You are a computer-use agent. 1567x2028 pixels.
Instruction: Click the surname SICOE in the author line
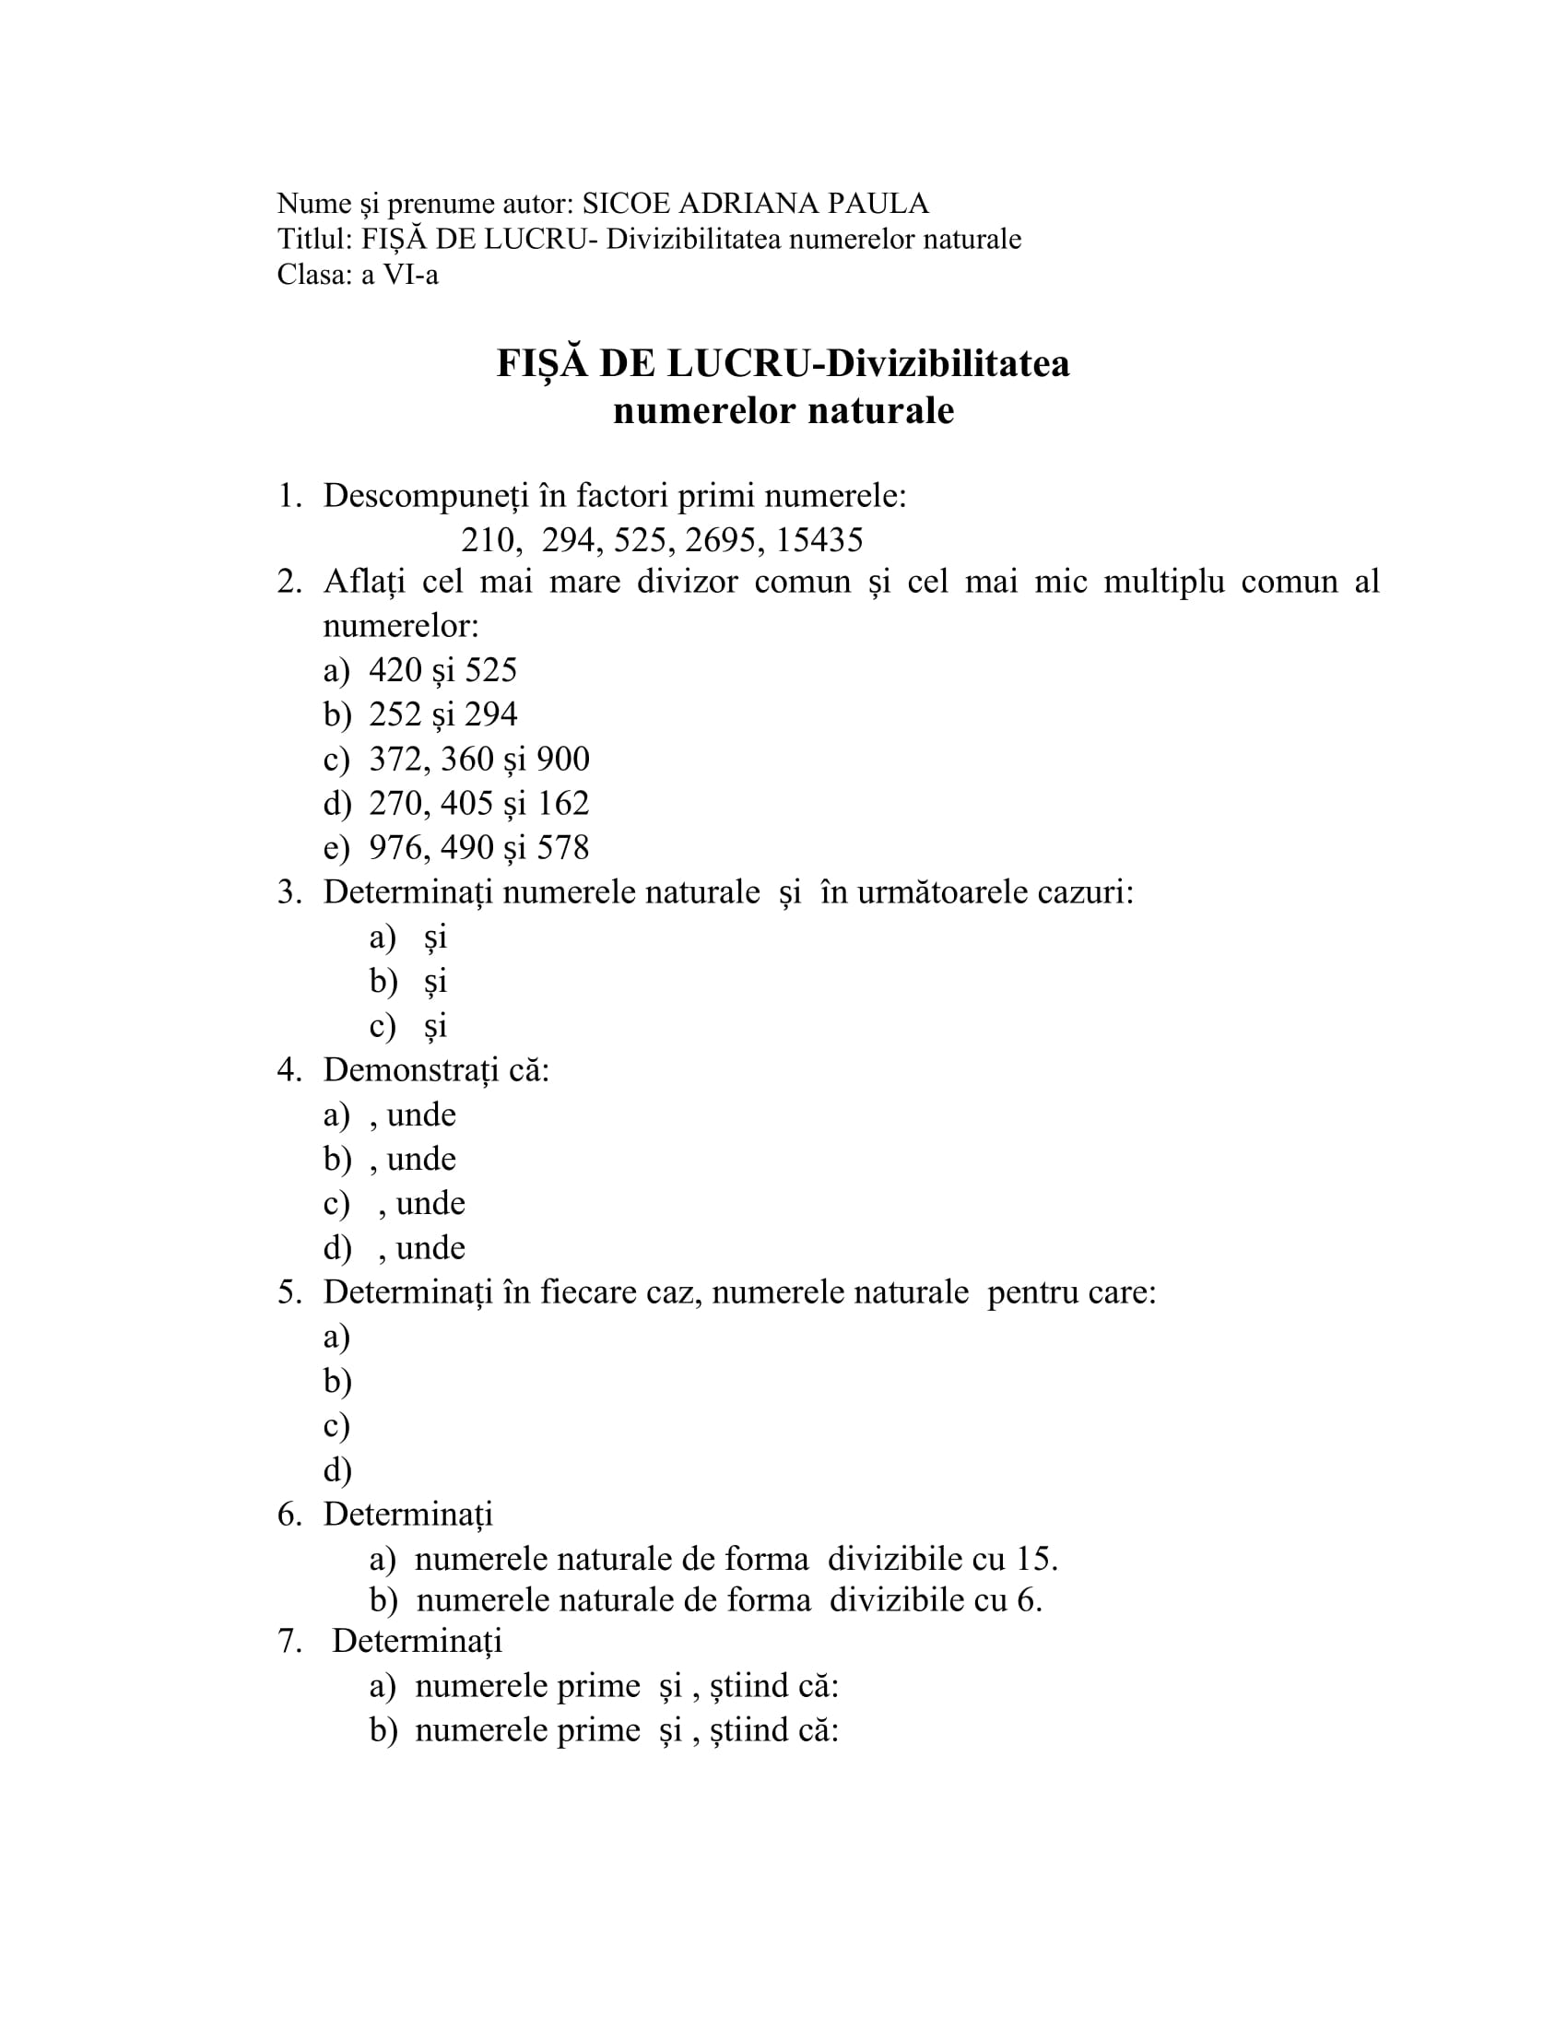coord(627,204)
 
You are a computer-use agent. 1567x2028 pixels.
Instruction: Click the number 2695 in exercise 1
coord(721,539)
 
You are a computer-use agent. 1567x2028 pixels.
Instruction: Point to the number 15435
coord(819,539)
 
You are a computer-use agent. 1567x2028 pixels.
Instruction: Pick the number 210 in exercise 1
coord(489,539)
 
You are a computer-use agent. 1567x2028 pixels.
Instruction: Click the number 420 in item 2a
coord(395,669)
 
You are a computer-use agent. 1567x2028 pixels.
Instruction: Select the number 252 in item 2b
coord(395,714)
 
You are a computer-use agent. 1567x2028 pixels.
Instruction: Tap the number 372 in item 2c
coord(395,759)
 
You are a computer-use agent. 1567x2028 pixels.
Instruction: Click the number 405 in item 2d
coord(467,803)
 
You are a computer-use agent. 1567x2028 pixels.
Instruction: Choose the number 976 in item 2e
coord(395,847)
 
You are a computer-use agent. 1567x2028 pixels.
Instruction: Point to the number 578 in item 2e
coord(563,847)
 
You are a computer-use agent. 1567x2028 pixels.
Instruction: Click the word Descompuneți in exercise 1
coord(422,496)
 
